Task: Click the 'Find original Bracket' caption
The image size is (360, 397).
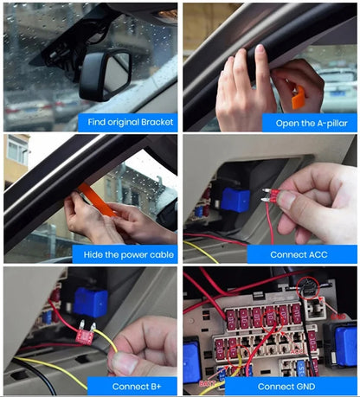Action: [131, 122]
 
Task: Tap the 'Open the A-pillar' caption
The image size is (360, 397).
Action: [312, 124]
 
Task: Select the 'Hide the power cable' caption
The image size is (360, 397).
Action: [129, 255]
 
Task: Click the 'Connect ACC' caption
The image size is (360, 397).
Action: [299, 255]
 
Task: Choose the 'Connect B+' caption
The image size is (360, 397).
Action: [137, 387]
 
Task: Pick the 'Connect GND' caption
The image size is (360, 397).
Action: [286, 387]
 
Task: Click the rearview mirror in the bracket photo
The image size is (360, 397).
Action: [106, 74]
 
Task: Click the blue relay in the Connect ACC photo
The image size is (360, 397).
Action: [235, 200]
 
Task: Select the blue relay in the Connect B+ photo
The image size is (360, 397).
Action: [90, 302]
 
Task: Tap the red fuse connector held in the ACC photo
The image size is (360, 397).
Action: [273, 195]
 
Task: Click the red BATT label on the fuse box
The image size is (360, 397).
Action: [207, 383]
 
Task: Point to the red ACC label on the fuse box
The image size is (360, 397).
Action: [297, 352]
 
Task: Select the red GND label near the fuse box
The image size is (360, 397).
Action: [338, 317]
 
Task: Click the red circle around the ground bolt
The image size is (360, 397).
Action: [308, 287]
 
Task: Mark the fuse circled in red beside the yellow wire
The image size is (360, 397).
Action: [233, 354]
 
